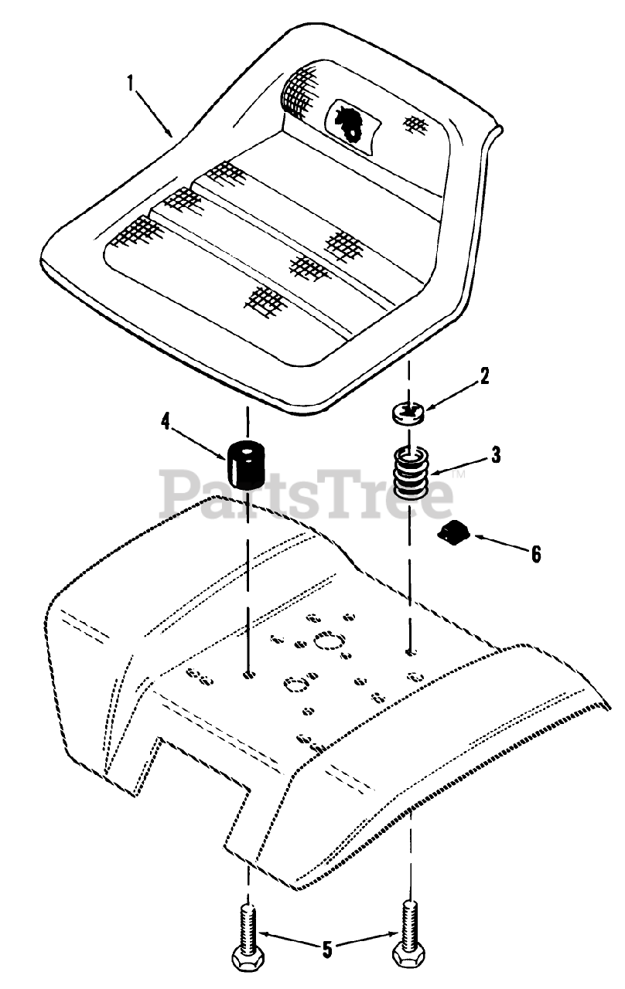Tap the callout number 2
coord(484,376)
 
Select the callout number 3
coord(496,454)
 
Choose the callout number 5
coord(328,948)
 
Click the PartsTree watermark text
coord(306,494)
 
